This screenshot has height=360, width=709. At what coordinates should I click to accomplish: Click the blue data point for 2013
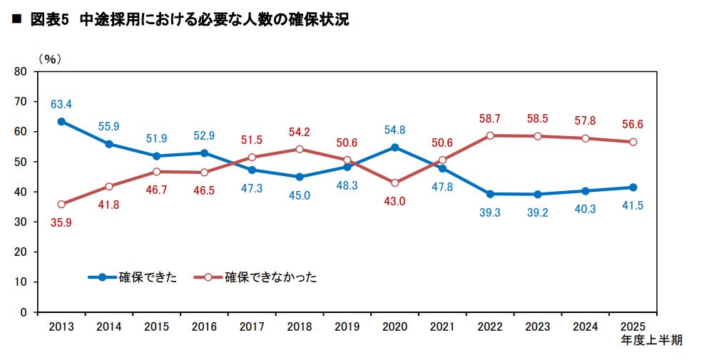(61, 121)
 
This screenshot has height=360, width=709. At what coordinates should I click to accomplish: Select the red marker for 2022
(490, 135)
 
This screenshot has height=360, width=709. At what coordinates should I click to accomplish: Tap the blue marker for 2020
(395, 148)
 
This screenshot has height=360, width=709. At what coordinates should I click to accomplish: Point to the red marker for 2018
(300, 149)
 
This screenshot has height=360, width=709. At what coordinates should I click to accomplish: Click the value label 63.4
(61, 105)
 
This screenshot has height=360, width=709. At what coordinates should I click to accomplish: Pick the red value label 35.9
(61, 222)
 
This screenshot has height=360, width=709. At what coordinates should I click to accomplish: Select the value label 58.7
(490, 118)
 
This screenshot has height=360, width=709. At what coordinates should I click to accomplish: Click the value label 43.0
(394, 201)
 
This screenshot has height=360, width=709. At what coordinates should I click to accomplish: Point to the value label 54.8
(394, 130)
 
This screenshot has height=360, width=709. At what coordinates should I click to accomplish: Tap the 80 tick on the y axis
(20, 72)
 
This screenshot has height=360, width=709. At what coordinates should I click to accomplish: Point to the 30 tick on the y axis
(20, 222)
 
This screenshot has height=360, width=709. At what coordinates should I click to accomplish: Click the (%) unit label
(49, 58)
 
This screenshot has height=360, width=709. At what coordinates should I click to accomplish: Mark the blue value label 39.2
(537, 212)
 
